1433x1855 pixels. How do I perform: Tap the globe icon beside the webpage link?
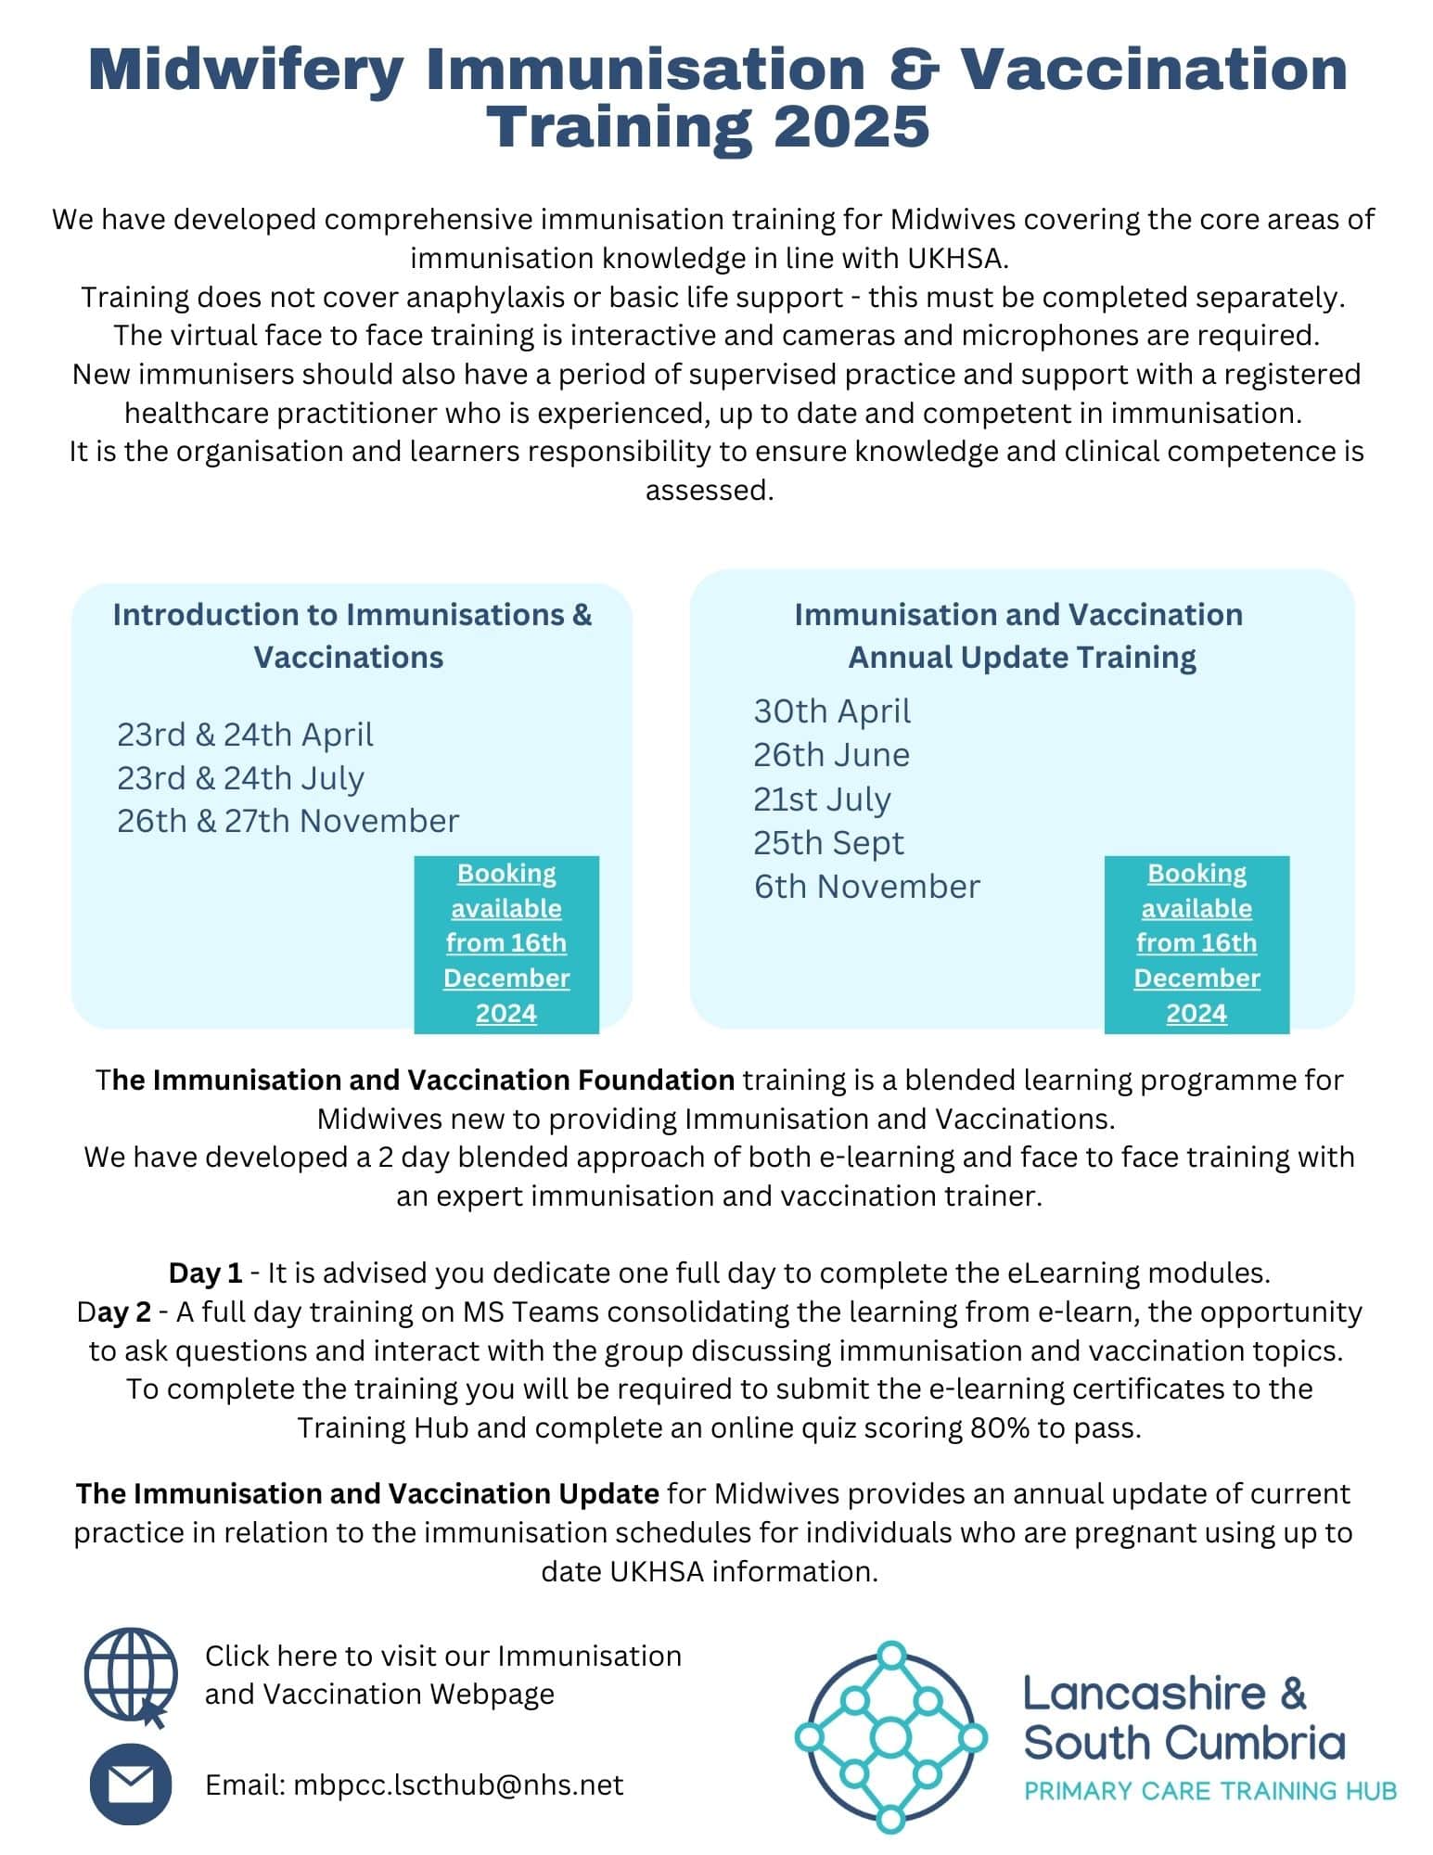coord(131,1675)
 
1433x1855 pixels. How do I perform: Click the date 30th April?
coord(831,711)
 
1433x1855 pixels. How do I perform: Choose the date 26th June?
coord(830,755)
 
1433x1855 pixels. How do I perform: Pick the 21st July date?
coord(821,799)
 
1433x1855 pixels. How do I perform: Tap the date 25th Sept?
coord(827,842)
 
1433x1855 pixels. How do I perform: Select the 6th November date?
coord(866,886)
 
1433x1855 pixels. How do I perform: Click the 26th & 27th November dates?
coord(288,821)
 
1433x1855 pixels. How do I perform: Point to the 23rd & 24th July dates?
coord(240,777)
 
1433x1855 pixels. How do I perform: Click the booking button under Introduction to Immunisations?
coord(506,943)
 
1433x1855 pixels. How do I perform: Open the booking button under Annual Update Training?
coord(1196,943)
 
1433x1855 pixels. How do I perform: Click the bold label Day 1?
coord(205,1273)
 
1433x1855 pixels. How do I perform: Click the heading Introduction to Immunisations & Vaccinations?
coord(352,635)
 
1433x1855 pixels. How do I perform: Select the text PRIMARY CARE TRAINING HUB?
coord(1209,1790)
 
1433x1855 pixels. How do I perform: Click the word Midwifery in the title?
coord(246,70)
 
